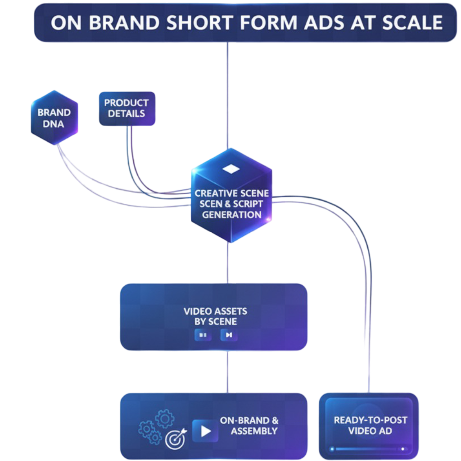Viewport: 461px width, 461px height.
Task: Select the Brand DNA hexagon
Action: coord(54,118)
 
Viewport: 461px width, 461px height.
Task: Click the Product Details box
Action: coord(127,108)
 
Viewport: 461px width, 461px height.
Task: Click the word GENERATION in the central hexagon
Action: coord(231,215)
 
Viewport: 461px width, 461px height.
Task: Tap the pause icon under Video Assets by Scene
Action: coord(203,335)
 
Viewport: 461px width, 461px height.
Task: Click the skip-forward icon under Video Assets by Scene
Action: coord(229,335)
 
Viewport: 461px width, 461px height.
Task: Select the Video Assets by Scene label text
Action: coord(215,316)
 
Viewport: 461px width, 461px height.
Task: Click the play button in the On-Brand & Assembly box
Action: coord(205,431)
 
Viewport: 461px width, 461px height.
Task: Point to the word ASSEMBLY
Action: coord(254,431)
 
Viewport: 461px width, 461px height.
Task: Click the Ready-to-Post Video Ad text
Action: coord(370,425)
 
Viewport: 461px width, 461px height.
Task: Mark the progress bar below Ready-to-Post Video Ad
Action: coord(367,449)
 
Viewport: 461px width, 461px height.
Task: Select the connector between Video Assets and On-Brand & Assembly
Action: coord(228,371)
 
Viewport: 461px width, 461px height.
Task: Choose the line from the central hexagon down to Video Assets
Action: coord(228,263)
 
